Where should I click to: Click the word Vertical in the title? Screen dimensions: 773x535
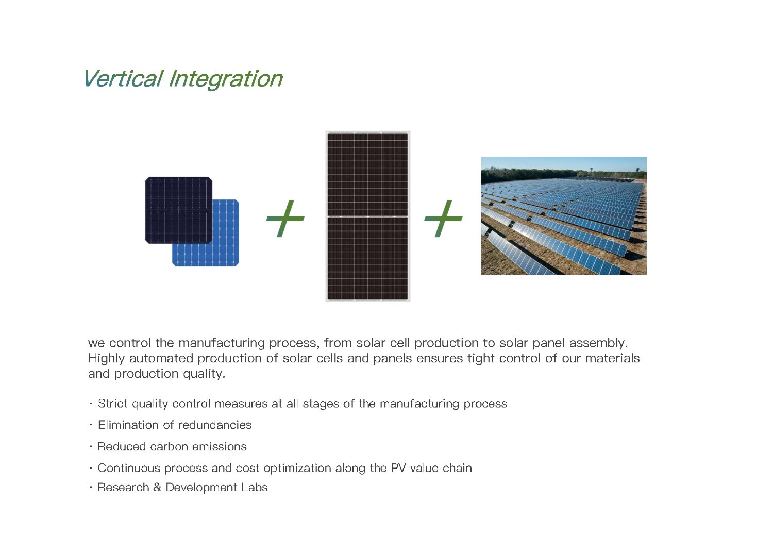click(x=123, y=78)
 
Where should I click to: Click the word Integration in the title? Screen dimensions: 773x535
click(x=226, y=79)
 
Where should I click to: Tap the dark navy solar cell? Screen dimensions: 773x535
click(x=179, y=210)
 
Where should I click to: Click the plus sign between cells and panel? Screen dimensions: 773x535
click(x=285, y=219)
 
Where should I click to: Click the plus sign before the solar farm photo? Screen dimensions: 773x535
click(x=443, y=219)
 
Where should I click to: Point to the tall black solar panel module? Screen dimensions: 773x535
click(x=368, y=216)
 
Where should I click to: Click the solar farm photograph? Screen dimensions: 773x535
click(x=564, y=216)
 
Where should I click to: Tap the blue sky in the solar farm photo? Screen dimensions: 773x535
click(x=564, y=163)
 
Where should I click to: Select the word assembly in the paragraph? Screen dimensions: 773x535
click(x=598, y=343)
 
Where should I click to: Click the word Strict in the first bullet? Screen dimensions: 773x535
click(x=113, y=404)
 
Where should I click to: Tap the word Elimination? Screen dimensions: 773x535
click(x=128, y=425)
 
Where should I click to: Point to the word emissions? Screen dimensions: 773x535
click(x=220, y=447)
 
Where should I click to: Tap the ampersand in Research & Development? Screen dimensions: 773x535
click(x=157, y=488)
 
